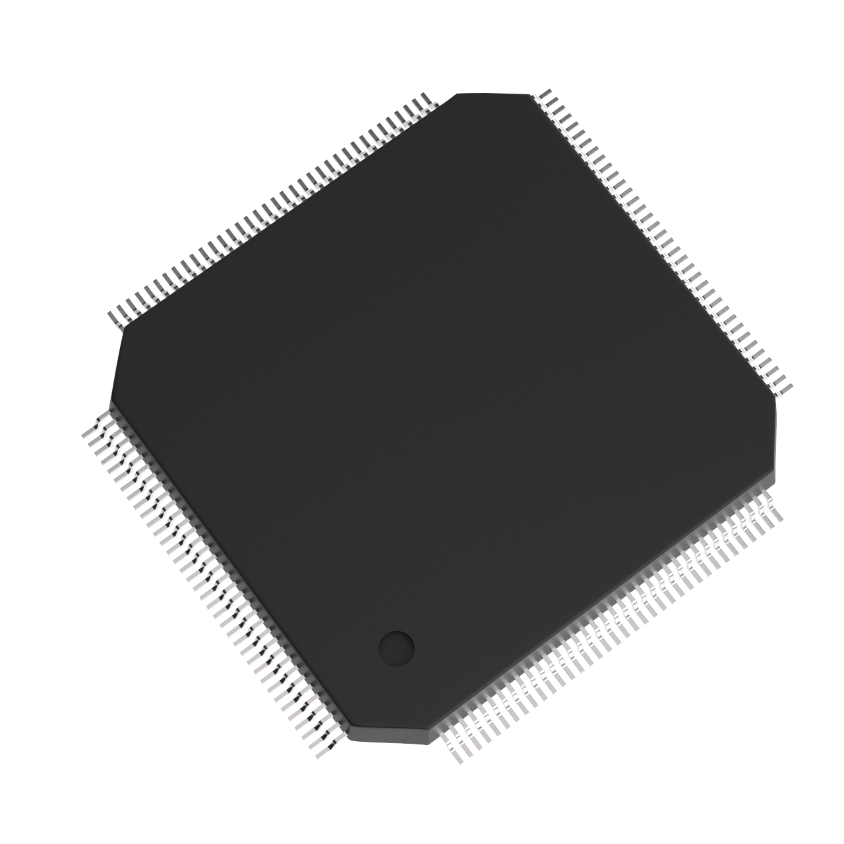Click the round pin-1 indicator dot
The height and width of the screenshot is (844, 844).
click(396, 647)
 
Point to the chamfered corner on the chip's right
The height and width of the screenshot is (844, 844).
click(776, 435)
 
